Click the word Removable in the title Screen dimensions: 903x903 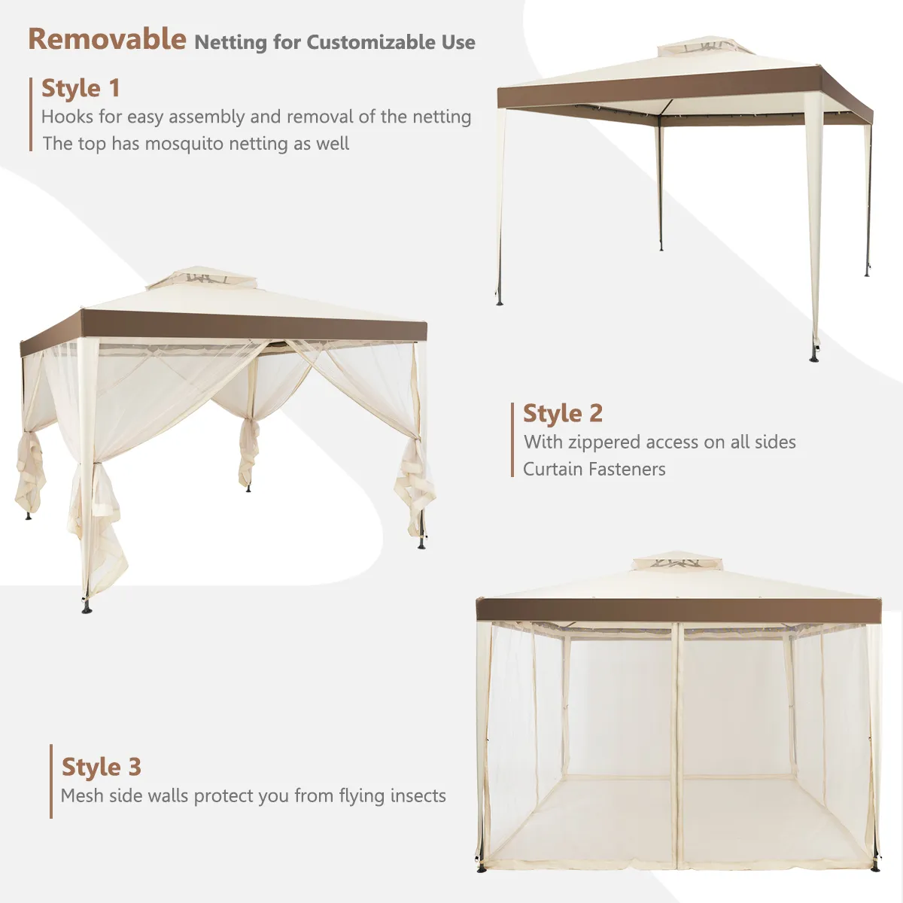coord(108,39)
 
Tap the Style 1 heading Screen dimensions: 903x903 coord(81,89)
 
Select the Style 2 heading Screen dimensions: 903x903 coord(563,413)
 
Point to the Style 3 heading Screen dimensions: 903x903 coord(102,767)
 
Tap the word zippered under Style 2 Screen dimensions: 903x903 coord(603,442)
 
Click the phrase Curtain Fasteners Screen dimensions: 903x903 coord(594,469)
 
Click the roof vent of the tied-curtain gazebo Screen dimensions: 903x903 coord(202,278)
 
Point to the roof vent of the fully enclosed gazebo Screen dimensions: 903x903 coord(677,561)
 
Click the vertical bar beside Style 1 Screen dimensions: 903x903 coord(30,114)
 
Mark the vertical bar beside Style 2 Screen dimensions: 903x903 coord(512,439)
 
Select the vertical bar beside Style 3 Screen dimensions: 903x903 coord(51,782)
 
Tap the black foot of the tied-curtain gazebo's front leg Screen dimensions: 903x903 coord(87,608)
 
